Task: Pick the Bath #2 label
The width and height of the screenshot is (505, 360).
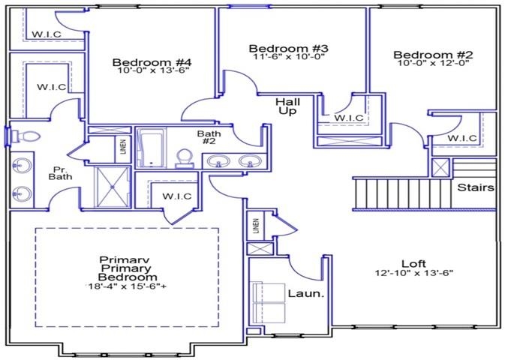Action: tap(208, 138)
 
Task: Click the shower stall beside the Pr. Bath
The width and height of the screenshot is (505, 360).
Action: tap(111, 186)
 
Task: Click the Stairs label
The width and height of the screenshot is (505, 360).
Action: tap(476, 187)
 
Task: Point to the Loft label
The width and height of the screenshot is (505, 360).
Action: tap(413, 263)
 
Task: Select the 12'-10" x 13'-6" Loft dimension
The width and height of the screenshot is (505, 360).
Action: tap(413, 274)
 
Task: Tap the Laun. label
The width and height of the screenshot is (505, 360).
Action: tap(306, 293)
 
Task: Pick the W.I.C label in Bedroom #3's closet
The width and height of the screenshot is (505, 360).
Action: tap(349, 118)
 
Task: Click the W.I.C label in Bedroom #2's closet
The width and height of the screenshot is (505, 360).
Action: tap(463, 138)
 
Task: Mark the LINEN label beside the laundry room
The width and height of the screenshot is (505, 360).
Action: tap(255, 224)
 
